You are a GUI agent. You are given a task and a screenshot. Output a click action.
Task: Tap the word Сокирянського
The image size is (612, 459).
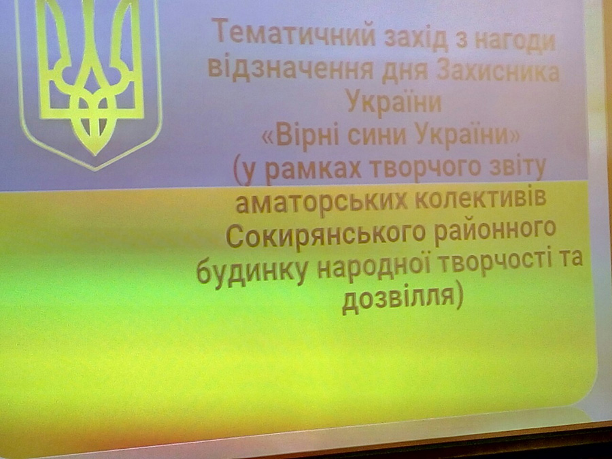326,234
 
